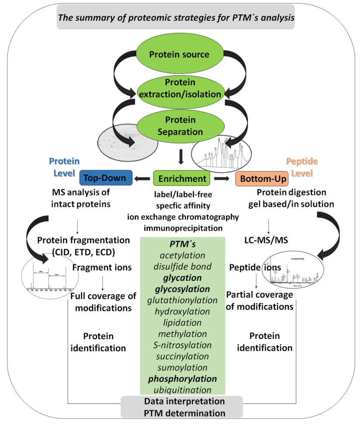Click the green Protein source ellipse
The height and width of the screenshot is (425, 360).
[x=179, y=55]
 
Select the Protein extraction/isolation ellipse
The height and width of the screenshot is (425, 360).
[x=179, y=88]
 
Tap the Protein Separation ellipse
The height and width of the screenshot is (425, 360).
[x=179, y=126]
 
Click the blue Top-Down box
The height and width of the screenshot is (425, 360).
[x=105, y=178]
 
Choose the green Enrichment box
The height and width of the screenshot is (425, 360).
[x=181, y=178]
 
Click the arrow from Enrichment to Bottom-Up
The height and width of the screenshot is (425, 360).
[x=222, y=178]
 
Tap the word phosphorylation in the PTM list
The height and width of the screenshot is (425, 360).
[x=182, y=378]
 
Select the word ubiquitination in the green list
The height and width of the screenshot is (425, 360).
[x=182, y=390]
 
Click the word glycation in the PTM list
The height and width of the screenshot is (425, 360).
[x=182, y=277]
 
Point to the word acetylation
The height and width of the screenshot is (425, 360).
[x=182, y=255]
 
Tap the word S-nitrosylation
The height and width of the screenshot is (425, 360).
[x=182, y=345]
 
